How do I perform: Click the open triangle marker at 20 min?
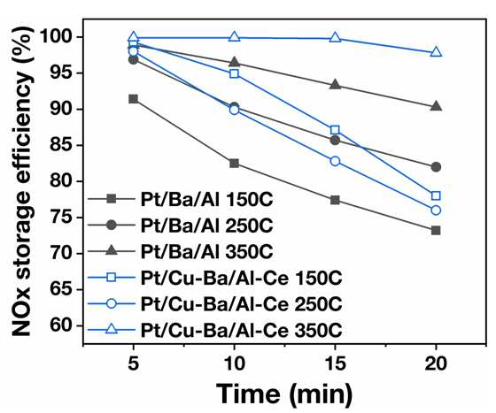click(x=436, y=52)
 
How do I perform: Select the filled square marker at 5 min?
click(x=134, y=99)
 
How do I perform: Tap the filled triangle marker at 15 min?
click(x=335, y=85)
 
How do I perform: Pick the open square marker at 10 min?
click(x=234, y=74)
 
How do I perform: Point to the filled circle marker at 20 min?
click(x=436, y=167)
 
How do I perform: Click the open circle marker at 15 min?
click(x=335, y=161)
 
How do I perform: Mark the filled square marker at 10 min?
click(x=234, y=164)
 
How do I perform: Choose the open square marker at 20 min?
click(x=436, y=195)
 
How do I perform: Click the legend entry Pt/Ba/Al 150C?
click(x=181, y=199)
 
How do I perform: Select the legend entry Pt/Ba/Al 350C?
click(x=181, y=252)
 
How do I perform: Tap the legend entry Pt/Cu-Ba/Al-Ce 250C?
click(x=214, y=304)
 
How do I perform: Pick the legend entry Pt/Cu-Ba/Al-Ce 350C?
click(x=214, y=330)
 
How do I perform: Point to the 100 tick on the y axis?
click(x=81, y=37)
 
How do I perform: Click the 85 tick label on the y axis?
click(x=62, y=145)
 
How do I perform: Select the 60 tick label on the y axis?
click(x=62, y=325)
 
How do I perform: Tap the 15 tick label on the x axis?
click(x=335, y=363)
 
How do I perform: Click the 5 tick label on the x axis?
click(x=134, y=363)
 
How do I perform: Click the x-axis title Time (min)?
click(x=283, y=394)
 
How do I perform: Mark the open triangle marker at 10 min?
click(x=234, y=37)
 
